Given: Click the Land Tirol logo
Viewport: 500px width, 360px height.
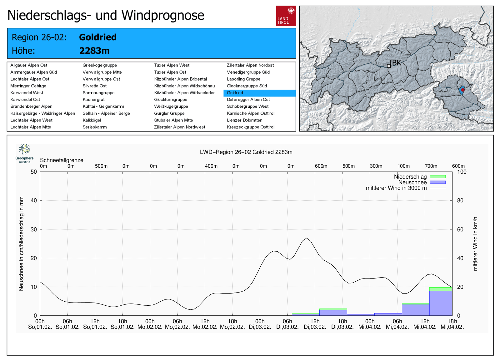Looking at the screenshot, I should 286,16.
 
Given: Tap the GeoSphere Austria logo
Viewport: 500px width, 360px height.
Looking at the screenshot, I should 24,153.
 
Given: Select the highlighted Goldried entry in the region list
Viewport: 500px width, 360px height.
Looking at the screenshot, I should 235,93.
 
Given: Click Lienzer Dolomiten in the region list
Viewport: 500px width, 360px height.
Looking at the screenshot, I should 244,120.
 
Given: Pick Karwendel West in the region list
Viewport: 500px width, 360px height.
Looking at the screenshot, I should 27,93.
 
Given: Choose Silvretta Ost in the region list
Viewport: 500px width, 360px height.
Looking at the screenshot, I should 95,86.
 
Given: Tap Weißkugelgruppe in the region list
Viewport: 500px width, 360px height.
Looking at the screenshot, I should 171,106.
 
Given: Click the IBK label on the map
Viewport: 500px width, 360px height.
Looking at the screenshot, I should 395,63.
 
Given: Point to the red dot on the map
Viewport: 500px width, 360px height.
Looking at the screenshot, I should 463,90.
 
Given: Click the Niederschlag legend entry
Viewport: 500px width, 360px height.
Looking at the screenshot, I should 410,177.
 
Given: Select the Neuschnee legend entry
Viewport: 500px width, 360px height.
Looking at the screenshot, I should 412,182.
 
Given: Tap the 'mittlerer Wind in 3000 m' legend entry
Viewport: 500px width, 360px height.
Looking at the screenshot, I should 396,188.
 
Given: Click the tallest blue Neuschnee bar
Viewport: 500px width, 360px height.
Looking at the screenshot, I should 441,303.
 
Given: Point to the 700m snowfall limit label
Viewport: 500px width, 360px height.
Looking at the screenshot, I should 431,166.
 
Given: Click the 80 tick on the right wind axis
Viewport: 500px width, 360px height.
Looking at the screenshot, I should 460,200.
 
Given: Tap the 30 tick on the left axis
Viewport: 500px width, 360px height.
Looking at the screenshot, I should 33,229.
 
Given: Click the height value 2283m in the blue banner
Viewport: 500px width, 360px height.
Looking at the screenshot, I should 94,51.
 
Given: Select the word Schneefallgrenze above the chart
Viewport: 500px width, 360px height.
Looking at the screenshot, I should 62,160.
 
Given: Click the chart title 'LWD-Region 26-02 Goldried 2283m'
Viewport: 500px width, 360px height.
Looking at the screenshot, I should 246,152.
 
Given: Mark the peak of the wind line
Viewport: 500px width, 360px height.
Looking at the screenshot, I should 307,238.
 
